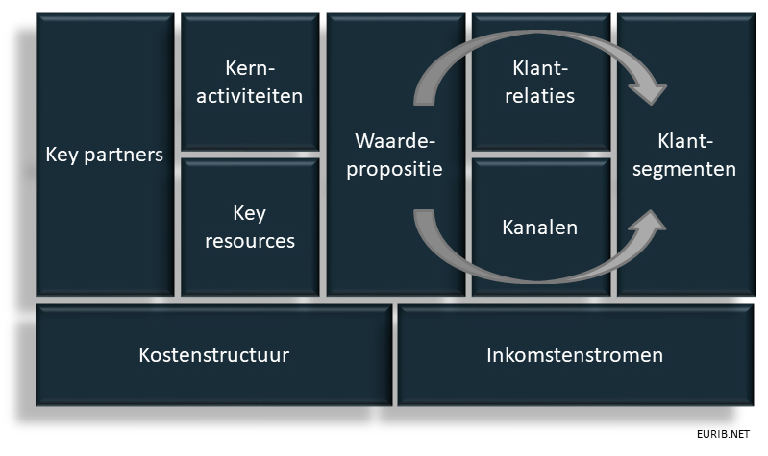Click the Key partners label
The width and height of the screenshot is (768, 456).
point(105,155)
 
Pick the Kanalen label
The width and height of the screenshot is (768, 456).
point(540,228)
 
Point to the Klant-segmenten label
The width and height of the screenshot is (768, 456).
point(684,156)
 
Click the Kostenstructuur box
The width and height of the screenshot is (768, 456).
point(213,355)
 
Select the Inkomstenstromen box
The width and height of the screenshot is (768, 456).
point(574,355)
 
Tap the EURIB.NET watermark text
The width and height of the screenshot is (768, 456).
point(725,434)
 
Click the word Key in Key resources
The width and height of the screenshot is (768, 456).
point(249,213)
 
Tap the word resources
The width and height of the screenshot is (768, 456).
point(250,241)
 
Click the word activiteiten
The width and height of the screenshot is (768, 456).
point(250,96)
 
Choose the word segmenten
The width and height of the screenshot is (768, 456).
point(684,170)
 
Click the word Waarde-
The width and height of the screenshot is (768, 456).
point(396,141)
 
